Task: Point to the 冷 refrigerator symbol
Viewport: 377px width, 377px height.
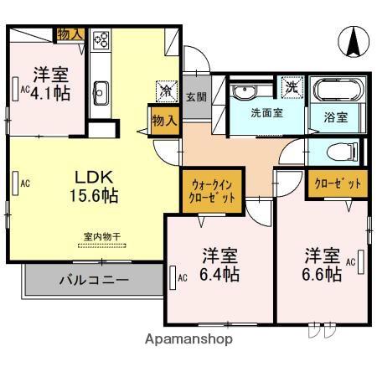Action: [166, 87]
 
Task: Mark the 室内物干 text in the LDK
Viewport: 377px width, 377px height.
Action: [101, 237]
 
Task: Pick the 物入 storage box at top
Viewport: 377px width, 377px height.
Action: [70, 34]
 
